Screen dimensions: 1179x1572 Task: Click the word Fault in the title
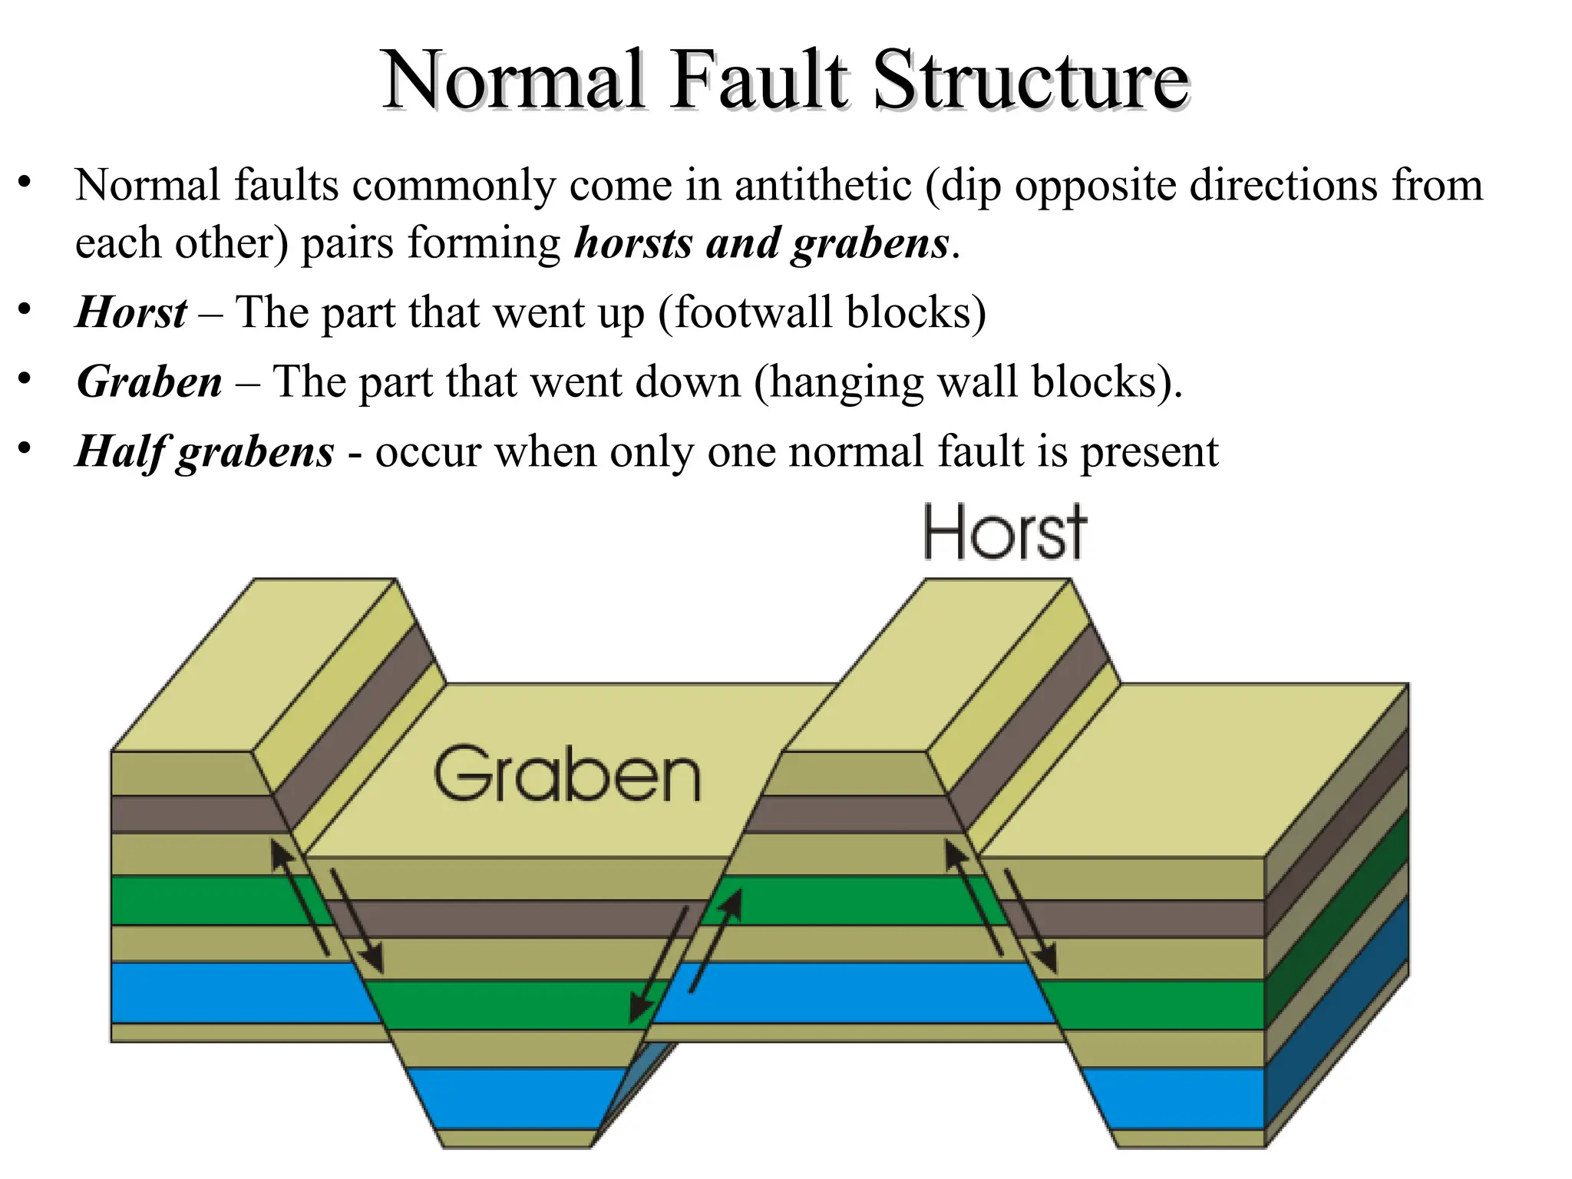[x=759, y=80]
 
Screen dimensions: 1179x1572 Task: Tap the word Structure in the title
[x=1031, y=80]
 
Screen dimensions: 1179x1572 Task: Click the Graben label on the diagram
[x=567, y=775]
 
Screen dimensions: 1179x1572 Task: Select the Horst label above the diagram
[x=1004, y=532]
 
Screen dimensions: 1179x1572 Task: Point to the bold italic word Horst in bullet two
[x=131, y=312]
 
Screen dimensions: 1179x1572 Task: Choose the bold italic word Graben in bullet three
[x=150, y=381]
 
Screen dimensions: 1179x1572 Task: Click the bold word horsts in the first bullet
[x=633, y=243]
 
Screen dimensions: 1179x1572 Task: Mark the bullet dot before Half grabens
[x=25, y=447]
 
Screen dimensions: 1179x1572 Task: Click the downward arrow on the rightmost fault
[x=1030, y=921]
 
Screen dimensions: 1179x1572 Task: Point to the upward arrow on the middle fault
[x=715, y=940]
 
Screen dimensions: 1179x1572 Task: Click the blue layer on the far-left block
[x=238, y=992]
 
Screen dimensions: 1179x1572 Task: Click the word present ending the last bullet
[x=1150, y=451]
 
